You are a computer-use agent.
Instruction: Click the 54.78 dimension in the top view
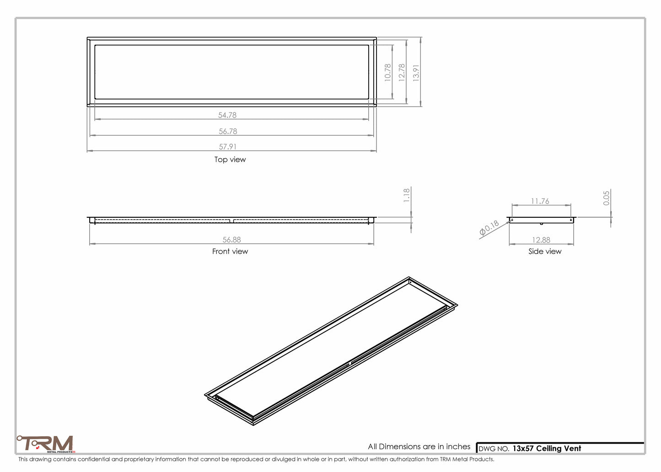(x=227, y=115)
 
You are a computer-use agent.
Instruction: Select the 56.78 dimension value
(x=228, y=131)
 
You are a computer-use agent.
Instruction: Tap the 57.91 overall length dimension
(x=227, y=147)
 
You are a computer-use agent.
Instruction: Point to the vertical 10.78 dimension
(x=388, y=72)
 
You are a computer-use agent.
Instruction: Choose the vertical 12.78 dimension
(x=402, y=72)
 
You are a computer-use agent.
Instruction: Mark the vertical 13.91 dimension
(x=416, y=72)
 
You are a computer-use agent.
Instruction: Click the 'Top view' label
(x=230, y=160)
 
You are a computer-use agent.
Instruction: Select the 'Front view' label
(x=230, y=252)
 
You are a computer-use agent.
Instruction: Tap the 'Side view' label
(x=545, y=252)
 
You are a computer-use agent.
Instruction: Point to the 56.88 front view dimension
(x=231, y=240)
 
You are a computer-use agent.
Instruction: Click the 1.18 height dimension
(x=407, y=195)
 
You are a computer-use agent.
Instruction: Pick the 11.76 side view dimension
(x=540, y=201)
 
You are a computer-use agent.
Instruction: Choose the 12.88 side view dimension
(x=541, y=240)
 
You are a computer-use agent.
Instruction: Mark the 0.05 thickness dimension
(x=607, y=198)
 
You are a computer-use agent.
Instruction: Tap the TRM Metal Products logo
(x=45, y=444)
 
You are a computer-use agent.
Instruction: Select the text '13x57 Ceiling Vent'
(x=547, y=449)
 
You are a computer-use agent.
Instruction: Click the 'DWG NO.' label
(x=494, y=449)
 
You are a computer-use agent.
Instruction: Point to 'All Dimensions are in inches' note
(x=419, y=447)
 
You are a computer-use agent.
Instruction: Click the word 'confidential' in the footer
(x=94, y=459)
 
